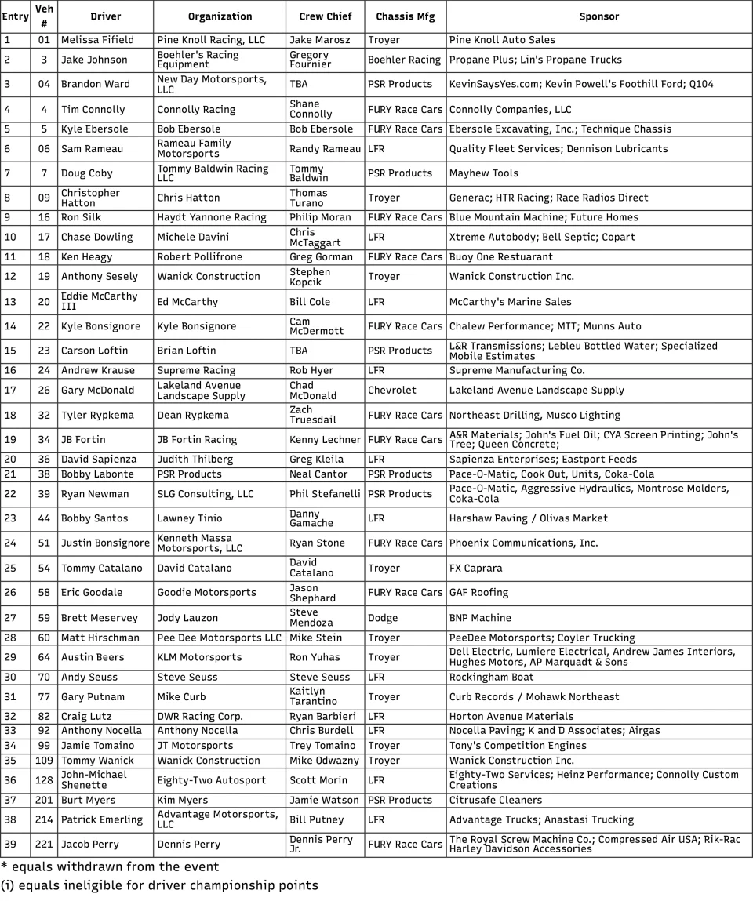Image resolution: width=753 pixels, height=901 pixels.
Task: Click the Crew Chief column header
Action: [x=325, y=16]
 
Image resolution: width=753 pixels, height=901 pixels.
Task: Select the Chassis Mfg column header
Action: [x=405, y=16]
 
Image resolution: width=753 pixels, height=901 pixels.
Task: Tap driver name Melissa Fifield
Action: [x=97, y=40]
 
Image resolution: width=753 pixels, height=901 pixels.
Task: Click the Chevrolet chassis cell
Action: [x=392, y=391]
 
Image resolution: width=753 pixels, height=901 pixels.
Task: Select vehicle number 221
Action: [x=44, y=845]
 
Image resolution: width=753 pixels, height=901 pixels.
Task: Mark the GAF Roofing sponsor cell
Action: [x=478, y=593]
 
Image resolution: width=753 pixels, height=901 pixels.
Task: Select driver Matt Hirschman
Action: [x=100, y=638]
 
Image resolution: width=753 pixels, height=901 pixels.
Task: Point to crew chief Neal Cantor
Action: [x=318, y=474]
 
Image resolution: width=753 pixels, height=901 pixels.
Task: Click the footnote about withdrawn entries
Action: [x=110, y=867]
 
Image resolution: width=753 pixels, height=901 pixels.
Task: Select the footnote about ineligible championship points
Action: [x=159, y=886]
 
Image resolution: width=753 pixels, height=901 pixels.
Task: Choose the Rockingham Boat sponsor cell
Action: [x=491, y=678]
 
